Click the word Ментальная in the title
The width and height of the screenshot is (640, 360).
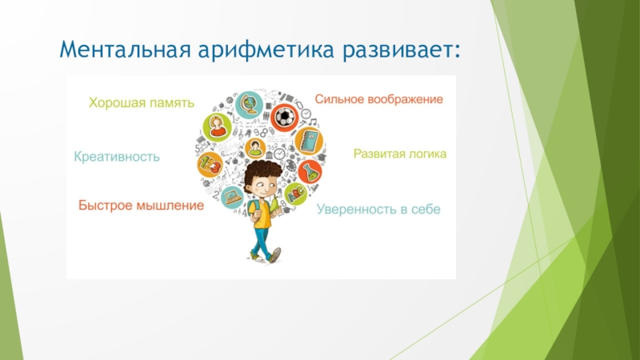coord(126,50)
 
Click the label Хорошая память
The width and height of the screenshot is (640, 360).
coord(142,102)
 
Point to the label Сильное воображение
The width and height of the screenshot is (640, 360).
coord(378,99)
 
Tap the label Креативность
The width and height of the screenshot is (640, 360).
coord(117,157)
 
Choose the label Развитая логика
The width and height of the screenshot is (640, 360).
coord(400,154)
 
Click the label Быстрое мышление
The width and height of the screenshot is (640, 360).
coord(142,205)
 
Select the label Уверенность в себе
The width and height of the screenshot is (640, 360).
coord(378,209)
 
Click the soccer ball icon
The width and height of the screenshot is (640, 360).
coord(285,118)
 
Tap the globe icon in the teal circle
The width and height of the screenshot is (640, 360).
coord(249,105)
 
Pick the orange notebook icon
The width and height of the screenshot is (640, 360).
coord(309,142)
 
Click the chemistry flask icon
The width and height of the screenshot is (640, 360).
coord(310,172)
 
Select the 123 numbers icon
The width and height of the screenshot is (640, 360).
coord(210,165)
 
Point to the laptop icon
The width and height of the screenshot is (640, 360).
coord(233,197)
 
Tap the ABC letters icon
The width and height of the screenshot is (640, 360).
coord(295,194)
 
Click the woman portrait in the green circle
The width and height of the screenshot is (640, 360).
coord(217,127)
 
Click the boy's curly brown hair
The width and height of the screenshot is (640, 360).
coord(262,172)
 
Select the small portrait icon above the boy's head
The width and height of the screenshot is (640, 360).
coord(255,148)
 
